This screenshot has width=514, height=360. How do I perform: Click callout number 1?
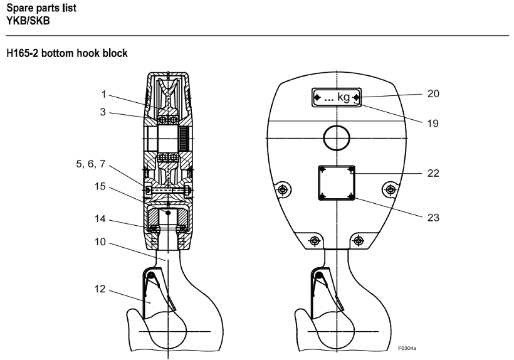104,95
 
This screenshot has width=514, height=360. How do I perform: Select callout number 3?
103,112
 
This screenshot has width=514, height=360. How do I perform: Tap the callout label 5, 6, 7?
91,164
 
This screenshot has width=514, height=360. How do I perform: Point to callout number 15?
100,186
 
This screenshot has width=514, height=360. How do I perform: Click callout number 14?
100,218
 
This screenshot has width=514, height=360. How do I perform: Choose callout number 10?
100,242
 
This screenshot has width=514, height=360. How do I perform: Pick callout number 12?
100,289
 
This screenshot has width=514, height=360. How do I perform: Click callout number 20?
433,94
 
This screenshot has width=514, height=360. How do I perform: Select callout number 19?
433,124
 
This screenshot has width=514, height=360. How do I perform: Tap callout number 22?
433,173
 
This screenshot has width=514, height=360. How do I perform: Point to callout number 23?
433,218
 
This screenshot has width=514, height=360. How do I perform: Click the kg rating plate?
337,97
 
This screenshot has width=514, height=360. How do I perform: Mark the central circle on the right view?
337,138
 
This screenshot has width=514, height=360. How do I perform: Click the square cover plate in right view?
337,183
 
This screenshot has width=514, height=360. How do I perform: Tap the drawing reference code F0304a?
407,348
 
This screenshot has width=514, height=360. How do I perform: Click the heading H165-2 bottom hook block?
67,53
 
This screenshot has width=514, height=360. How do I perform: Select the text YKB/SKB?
28,21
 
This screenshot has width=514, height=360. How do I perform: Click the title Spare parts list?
41,8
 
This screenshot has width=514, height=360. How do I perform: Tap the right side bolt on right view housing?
390,189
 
